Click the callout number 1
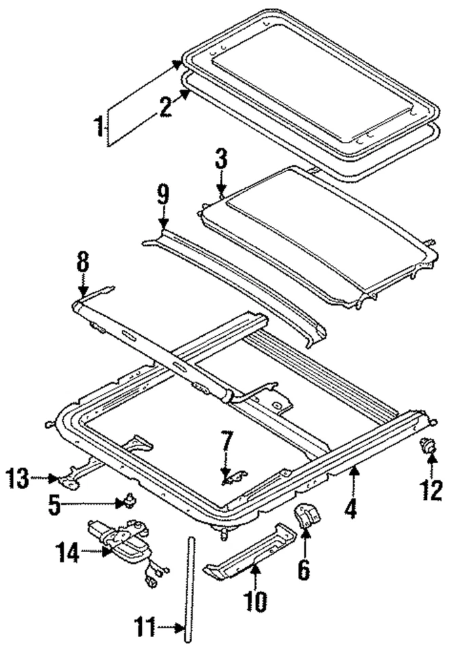coord(99,127)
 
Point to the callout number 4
coord(350,509)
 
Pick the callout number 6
coord(304,568)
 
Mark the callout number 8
coord(83,264)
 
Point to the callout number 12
coord(431,490)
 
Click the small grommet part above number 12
coord(428,447)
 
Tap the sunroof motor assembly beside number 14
coord(122,543)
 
